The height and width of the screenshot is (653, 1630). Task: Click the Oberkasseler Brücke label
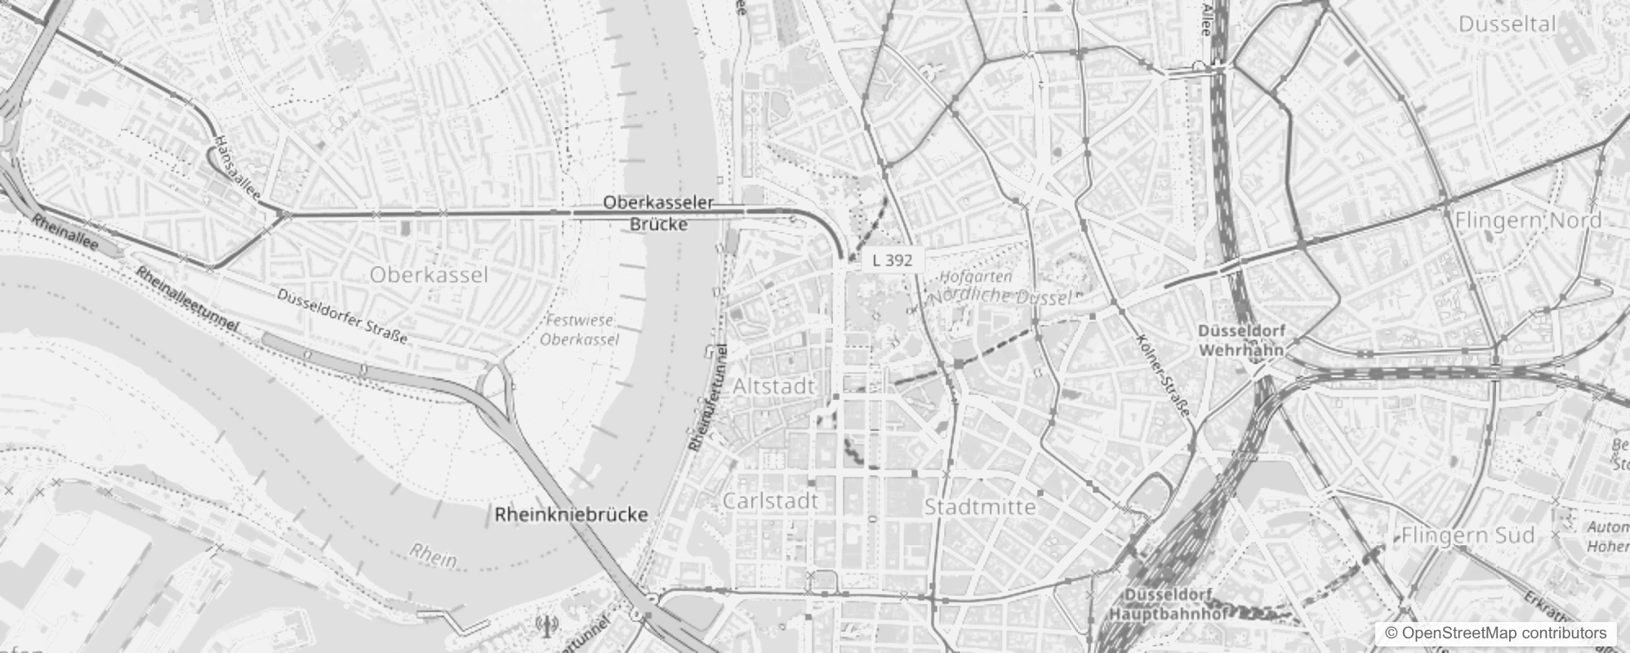[658, 212]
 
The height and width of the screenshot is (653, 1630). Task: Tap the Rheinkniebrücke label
[571, 514]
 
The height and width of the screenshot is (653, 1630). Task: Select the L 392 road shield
[893, 260]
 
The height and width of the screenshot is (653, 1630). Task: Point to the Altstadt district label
[773, 386]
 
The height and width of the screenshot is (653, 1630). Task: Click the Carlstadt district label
[770, 500]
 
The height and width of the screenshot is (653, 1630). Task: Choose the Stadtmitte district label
[979, 507]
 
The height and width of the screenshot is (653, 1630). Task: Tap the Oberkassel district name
[429, 274]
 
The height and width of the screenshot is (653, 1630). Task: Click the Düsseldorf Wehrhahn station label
[1241, 340]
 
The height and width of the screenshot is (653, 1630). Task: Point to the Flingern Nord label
[1528, 220]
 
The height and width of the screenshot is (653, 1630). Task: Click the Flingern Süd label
[1467, 535]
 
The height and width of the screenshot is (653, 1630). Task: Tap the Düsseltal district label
[1507, 24]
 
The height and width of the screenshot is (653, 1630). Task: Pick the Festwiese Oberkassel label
[580, 330]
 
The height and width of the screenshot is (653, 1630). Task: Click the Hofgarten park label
[976, 278]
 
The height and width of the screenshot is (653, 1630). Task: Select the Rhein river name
[433, 556]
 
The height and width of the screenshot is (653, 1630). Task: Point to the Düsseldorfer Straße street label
[341, 316]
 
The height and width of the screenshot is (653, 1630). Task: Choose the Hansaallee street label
[235, 167]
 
